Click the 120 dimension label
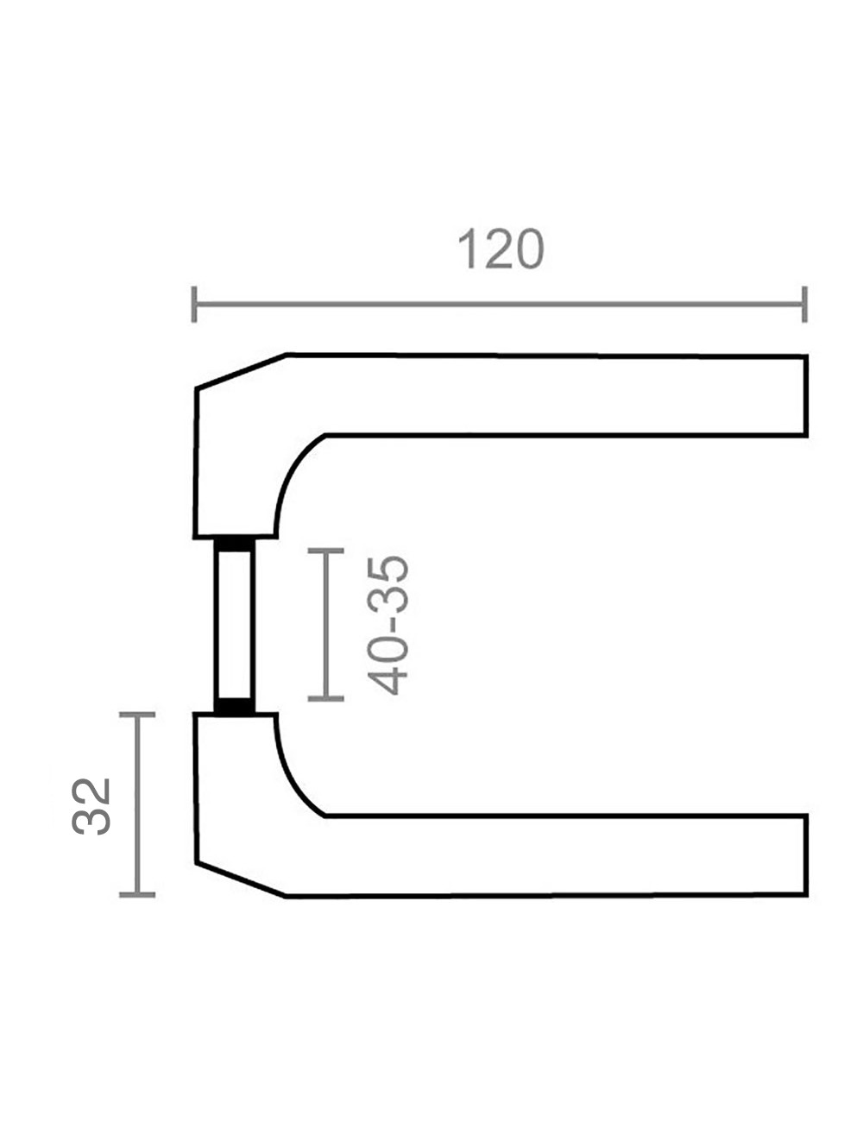501,249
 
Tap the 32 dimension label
91,806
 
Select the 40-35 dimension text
388,625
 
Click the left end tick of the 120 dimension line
194,304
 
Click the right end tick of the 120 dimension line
804,304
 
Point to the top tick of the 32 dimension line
137,715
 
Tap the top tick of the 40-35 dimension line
325,551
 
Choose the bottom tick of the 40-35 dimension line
325,698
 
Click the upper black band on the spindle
235,545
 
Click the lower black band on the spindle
235,705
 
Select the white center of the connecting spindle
235,625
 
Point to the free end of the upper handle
805,396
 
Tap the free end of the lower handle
805,855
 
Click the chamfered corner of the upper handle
241,371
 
